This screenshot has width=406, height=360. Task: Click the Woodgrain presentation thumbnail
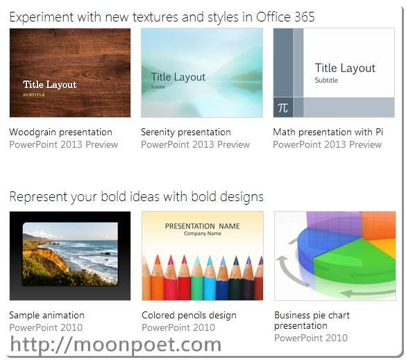click(69, 73)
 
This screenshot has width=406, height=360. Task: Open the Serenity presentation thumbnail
click(201, 73)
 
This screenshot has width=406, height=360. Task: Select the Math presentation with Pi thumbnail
click(334, 73)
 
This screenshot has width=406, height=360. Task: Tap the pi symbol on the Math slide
click(282, 108)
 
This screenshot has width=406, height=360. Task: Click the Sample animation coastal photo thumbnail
click(69, 255)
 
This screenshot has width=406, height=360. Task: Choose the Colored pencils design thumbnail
click(202, 255)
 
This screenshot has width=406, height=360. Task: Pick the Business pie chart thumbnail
click(335, 255)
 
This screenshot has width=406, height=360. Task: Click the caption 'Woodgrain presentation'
click(60, 132)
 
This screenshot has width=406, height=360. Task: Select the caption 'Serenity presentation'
click(186, 132)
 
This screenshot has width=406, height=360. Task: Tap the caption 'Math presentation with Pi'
click(328, 132)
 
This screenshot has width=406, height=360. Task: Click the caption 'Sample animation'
click(46, 316)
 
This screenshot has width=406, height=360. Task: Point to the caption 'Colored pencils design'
click(189, 316)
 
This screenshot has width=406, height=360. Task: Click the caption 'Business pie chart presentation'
click(312, 320)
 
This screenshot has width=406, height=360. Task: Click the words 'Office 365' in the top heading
click(285, 17)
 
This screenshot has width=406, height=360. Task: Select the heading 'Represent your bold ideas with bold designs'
click(136, 197)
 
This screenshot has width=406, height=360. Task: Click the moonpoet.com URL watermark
click(115, 344)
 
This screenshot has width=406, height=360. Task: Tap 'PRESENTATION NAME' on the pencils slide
click(202, 226)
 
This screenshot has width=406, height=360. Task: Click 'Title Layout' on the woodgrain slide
click(50, 85)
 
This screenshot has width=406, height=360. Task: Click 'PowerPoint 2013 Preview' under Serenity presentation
click(195, 145)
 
